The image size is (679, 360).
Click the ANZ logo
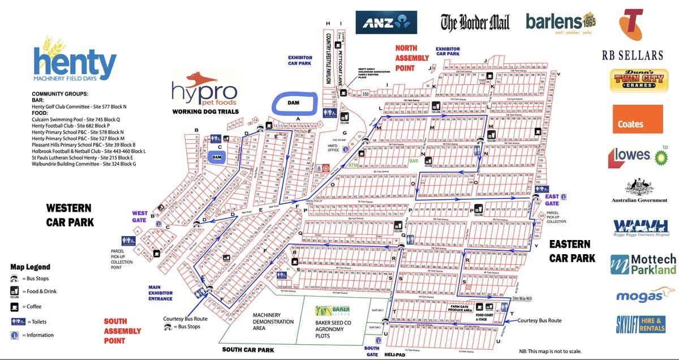pos(386,23)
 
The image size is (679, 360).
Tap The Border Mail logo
pos(475,22)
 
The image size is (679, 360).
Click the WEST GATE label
pos(139,217)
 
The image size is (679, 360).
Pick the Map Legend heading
pos(30,267)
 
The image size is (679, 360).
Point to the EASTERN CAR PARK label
pos(571,251)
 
